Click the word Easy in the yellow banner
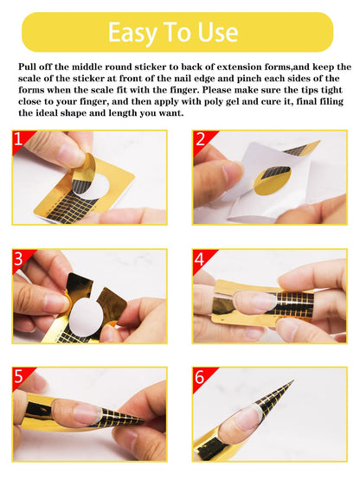click(132, 33)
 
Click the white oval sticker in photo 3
click(86, 317)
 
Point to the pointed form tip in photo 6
click(293, 381)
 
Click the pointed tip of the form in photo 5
click(143, 422)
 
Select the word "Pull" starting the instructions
click(28, 67)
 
